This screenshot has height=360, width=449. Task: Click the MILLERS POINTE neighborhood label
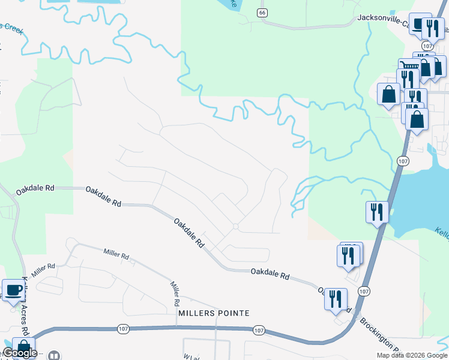(213, 313)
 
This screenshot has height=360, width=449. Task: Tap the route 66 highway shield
(261, 13)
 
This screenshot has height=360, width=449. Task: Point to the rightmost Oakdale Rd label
(270, 275)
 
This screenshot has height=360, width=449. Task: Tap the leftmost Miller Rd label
(43, 269)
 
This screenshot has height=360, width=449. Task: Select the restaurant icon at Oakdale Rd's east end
(335, 298)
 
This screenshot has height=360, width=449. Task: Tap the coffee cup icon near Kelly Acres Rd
(13, 290)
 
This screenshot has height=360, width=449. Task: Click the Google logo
(19, 353)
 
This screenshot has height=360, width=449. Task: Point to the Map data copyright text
(412, 355)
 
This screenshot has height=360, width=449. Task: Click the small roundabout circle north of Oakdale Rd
(236, 227)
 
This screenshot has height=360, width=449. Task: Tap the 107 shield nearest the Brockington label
(364, 291)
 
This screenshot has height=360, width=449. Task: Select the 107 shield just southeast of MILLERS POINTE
(259, 331)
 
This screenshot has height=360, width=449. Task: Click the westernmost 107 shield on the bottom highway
(123, 328)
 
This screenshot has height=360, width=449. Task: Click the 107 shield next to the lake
(403, 161)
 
